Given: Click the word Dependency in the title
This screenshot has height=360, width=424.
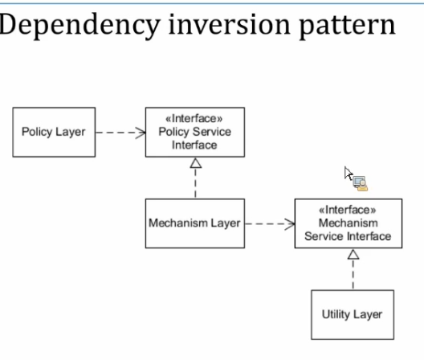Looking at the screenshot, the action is pyautogui.click(x=79, y=26).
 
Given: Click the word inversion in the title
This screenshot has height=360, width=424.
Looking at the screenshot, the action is pyautogui.click(x=230, y=24).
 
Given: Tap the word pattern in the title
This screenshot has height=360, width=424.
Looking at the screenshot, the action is pyautogui.click(x=348, y=27).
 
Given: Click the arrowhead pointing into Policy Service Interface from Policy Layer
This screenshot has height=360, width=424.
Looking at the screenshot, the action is pyautogui.click(x=141, y=133).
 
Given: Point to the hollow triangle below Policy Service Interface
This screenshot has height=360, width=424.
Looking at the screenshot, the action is pyautogui.click(x=195, y=163).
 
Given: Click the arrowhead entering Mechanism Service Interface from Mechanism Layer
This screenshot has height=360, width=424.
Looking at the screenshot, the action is pyautogui.click(x=290, y=224).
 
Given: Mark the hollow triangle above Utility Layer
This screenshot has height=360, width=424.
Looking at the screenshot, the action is pyautogui.click(x=353, y=255).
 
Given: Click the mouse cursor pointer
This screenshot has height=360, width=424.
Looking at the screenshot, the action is pyautogui.click(x=349, y=174).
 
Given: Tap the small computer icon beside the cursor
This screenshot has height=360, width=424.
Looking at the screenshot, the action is pyautogui.click(x=361, y=183).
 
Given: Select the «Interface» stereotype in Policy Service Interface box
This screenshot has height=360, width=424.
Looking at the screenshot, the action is pyautogui.click(x=194, y=119).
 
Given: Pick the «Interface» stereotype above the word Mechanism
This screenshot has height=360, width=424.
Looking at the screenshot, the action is pyautogui.click(x=348, y=210).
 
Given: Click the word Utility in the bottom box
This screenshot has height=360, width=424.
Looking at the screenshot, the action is pyautogui.click(x=336, y=315).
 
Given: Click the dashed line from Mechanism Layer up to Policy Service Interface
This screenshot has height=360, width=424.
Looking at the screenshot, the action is pyautogui.click(x=195, y=183).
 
